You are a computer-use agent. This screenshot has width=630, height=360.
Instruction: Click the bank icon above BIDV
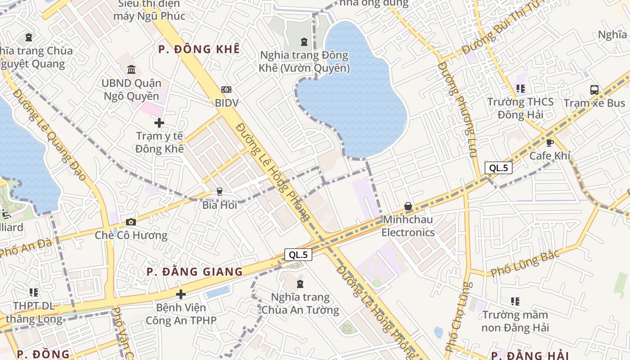tap(226, 90)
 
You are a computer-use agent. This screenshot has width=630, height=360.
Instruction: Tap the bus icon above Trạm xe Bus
tap(594, 90)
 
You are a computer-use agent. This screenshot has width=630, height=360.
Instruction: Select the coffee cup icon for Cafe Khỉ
tap(549, 143)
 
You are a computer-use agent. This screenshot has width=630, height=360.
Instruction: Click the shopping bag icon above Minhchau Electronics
tap(408, 207)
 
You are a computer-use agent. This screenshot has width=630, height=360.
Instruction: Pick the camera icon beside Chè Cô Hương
tap(131, 222)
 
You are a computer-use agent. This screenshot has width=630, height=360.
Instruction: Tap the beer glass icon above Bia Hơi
tap(220, 192)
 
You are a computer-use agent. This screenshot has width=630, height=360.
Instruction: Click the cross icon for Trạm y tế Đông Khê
tap(159, 122)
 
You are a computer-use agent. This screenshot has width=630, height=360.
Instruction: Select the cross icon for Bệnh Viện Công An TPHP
tap(181, 294)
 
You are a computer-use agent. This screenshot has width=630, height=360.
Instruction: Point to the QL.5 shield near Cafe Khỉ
tap(499, 168)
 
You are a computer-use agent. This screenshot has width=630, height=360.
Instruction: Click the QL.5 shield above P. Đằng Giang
tap(298, 255)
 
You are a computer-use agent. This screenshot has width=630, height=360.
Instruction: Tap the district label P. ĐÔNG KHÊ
tap(199, 49)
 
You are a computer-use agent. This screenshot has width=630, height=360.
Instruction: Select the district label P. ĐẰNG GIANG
tap(194, 272)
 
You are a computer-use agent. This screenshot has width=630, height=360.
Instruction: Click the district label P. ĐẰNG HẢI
tap(523, 355)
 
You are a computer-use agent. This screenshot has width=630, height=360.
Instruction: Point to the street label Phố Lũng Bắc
tap(525, 264)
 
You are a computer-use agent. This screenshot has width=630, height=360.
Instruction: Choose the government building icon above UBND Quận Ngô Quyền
tap(131, 69)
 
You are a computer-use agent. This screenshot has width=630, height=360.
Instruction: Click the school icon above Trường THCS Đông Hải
tap(521, 89)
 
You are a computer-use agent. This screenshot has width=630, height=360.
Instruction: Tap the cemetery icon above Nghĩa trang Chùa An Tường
tap(300, 284)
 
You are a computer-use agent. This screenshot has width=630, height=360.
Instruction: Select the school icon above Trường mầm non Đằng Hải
tap(515, 301)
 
